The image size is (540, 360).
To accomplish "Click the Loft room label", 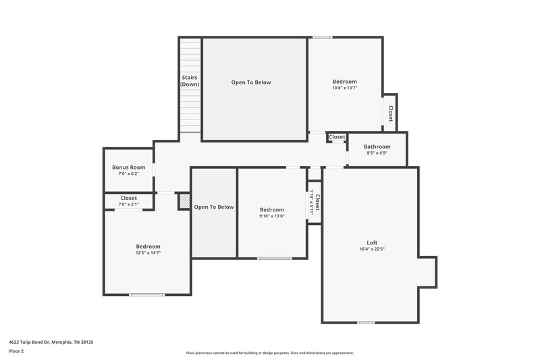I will pyautogui.click(x=372, y=242).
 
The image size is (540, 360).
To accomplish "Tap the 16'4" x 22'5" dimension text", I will pyautogui.click(x=372, y=249).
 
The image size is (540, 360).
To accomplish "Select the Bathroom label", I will pyautogui.click(x=377, y=147).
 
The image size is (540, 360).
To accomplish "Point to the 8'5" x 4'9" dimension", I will pyautogui.click(x=377, y=153).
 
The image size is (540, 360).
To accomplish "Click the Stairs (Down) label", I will pyautogui.click(x=190, y=81).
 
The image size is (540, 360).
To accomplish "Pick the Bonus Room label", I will pyautogui.click(x=128, y=168).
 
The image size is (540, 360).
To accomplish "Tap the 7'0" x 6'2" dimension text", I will pyautogui.click(x=128, y=174).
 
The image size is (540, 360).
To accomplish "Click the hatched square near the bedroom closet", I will pyautogui.click(x=184, y=202).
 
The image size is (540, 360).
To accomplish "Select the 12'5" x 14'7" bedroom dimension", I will pyautogui.click(x=148, y=253).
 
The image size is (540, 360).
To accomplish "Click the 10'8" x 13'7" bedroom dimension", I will pyautogui.click(x=344, y=88).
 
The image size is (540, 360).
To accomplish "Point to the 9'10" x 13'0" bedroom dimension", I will pyautogui.click(x=272, y=216).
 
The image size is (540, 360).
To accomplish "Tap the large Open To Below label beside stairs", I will pyautogui.click(x=251, y=82).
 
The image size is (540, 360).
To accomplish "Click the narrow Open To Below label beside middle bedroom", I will pyautogui.click(x=214, y=207).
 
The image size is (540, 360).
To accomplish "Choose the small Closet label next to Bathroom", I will pyautogui.click(x=337, y=137).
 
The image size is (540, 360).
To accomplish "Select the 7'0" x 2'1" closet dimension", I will pyautogui.click(x=128, y=205).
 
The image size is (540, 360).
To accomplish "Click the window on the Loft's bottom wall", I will pyautogui.click(x=366, y=322).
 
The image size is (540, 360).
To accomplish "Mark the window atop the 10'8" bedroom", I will pyautogui.click(x=322, y=37).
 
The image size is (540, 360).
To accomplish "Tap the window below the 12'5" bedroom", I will pyautogui.click(x=147, y=294).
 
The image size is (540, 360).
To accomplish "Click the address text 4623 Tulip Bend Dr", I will pyautogui.click(x=51, y=342).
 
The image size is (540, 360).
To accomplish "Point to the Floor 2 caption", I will pyautogui.click(x=17, y=352).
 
